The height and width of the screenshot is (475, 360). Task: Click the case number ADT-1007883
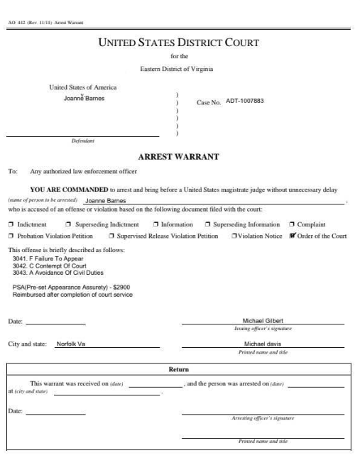(x=239, y=101)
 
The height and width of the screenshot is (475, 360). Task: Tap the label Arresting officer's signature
(x=263, y=417)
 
